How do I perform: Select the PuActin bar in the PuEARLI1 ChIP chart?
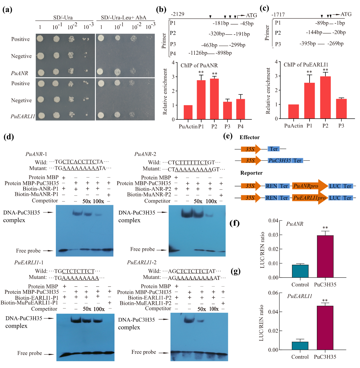(293, 112)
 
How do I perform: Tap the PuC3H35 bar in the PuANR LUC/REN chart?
(325, 256)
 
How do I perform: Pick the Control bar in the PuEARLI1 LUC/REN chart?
(300, 346)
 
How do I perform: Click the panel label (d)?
(9, 137)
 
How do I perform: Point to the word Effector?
(249, 137)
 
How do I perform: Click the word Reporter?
(251, 173)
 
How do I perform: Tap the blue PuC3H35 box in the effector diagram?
(279, 161)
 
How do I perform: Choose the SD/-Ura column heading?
(63, 18)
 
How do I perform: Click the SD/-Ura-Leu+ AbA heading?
(124, 18)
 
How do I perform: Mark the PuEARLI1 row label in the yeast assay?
(23, 116)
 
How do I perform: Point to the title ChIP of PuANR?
(199, 65)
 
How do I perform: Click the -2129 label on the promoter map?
(177, 14)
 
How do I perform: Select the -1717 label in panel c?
(278, 15)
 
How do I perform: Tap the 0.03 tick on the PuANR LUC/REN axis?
(273, 235)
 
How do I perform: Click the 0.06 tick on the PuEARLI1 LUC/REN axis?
(273, 293)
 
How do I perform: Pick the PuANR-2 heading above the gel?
(145, 154)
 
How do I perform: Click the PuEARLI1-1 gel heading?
(29, 263)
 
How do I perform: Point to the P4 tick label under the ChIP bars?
(240, 127)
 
